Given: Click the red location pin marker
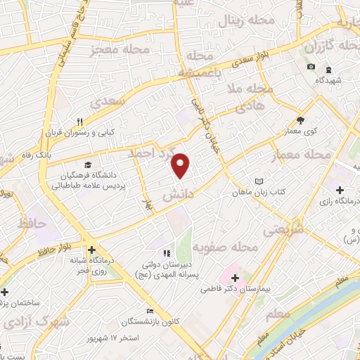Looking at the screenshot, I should tap(181, 166).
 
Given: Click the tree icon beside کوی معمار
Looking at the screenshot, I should tap(300, 120).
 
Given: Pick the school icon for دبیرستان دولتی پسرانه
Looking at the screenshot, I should tap(167, 253).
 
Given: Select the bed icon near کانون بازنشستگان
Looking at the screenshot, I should tap(149, 311).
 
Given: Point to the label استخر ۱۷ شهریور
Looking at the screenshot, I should tap(134, 338).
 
